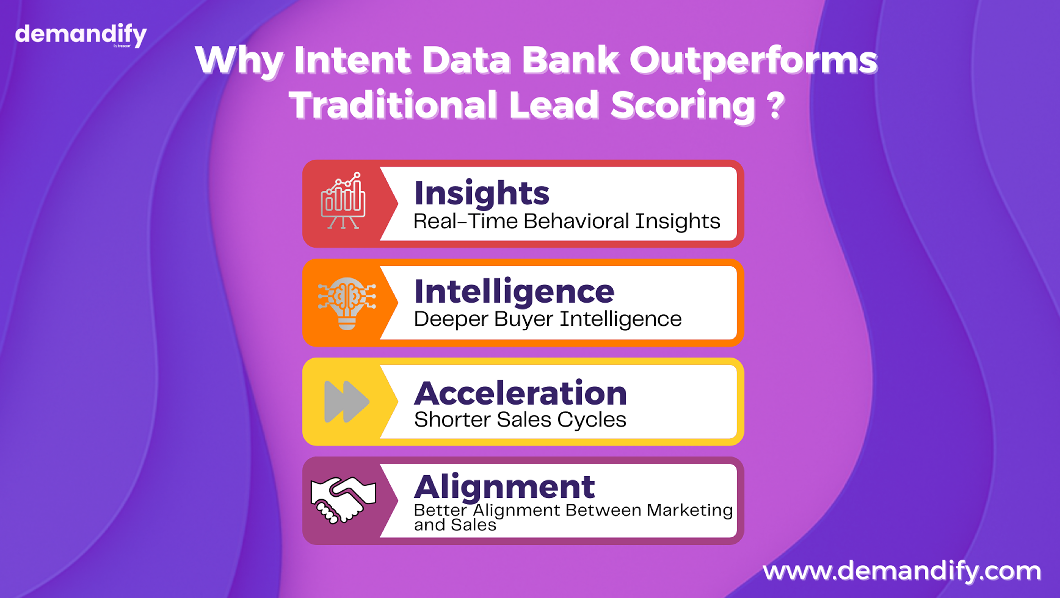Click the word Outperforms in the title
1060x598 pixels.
[x=754, y=61]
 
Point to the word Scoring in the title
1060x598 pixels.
[x=683, y=106]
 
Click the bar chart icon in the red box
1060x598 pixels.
[x=343, y=200]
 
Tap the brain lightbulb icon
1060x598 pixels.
[x=346, y=303]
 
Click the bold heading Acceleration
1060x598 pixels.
[x=521, y=393]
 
